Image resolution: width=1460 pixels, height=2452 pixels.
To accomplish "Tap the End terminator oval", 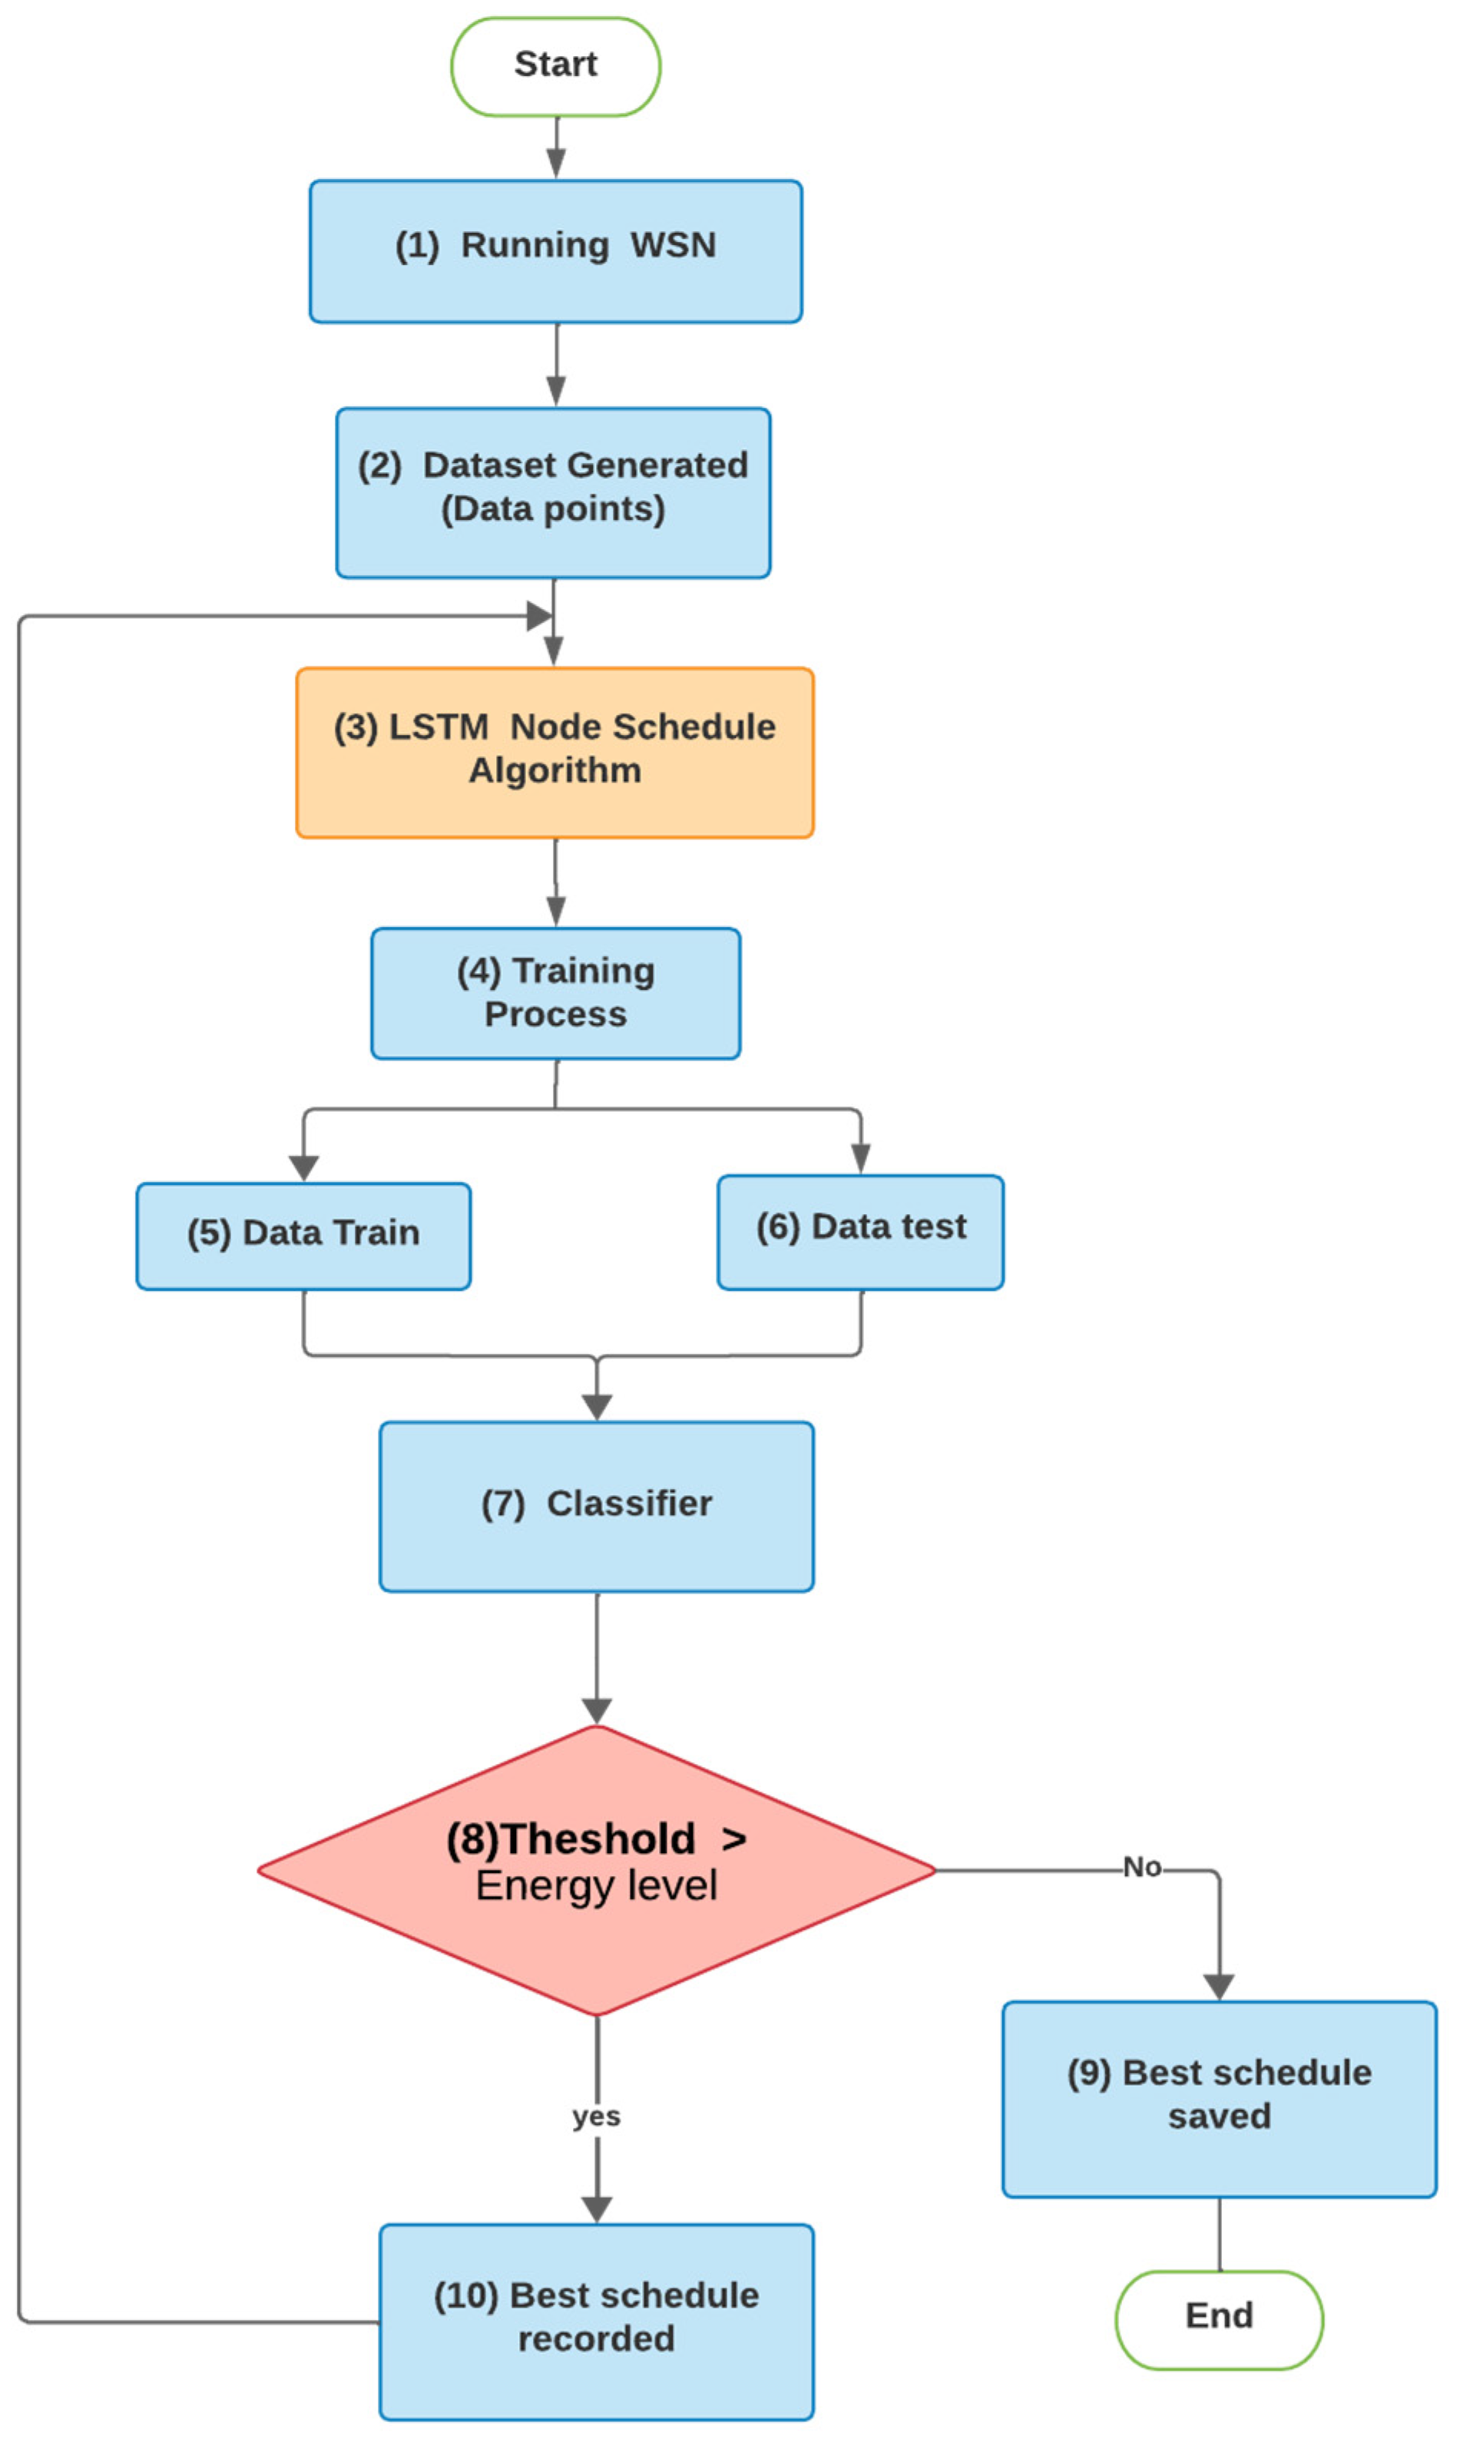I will (x=1218, y=2319).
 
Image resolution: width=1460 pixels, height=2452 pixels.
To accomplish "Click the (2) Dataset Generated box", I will (x=553, y=493).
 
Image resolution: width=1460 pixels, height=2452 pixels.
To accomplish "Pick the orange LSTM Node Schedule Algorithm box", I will (x=554, y=753).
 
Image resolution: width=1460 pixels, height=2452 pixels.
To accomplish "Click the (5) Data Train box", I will (x=303, y=1236).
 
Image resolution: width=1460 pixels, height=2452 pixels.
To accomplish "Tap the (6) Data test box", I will (x=860, y=1232).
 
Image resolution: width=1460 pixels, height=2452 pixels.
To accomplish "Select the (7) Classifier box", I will (x=596, y=1506).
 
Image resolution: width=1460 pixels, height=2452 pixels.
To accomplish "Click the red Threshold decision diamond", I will (x=596, y=1868).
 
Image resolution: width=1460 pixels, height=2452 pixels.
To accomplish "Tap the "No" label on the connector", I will (x=1141, y=1867).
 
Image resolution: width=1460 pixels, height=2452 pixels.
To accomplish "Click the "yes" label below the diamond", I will (x=596, y=2115).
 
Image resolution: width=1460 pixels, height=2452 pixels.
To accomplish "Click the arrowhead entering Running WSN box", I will (x=556, y=164).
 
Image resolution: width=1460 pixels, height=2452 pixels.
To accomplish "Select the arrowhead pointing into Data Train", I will (x=303, y=1167).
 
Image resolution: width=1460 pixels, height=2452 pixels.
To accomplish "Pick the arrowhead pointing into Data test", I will (x=860, y=1160).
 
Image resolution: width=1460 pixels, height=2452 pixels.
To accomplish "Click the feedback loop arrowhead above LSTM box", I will (x=538, y=617).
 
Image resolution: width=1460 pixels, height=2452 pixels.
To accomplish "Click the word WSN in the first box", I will (x=673, y=245).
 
